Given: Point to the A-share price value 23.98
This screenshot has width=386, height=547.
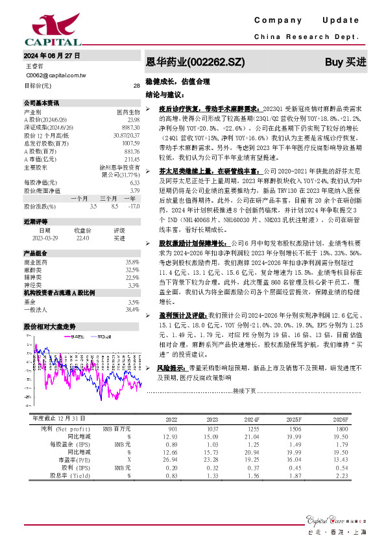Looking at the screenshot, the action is tap(134, 120).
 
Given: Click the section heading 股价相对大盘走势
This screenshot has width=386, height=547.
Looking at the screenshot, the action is tap(49, 326).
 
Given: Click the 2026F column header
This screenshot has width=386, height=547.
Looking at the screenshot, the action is tap(340, 419).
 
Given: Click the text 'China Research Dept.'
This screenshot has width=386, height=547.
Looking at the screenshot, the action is tap(309, 38).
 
